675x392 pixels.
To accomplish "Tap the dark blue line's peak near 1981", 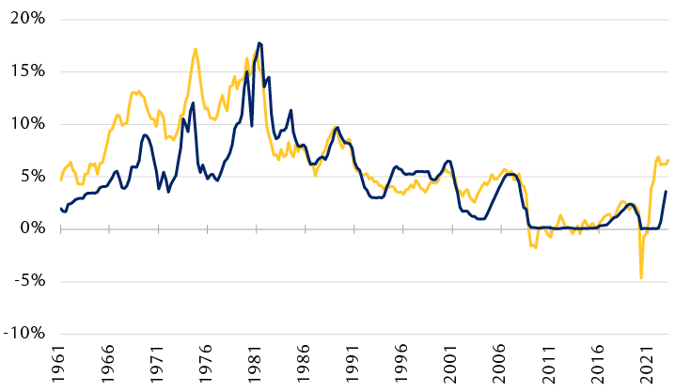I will click(259, 43).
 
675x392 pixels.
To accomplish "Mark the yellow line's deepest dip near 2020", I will click(641, 278).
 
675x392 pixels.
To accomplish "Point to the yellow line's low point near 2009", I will click(536, 247).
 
